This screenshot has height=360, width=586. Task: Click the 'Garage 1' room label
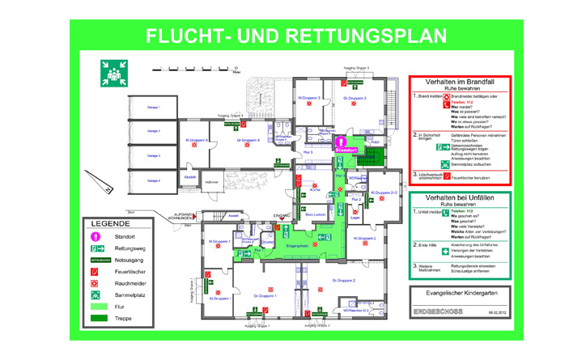coord(154,108)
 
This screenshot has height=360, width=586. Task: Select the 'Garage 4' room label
coord(154,180)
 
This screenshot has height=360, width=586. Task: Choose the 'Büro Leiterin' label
coord(316,214)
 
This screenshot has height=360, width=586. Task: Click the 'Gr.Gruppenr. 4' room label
coord(248,141)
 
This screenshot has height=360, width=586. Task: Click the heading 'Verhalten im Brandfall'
coord(459,83)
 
